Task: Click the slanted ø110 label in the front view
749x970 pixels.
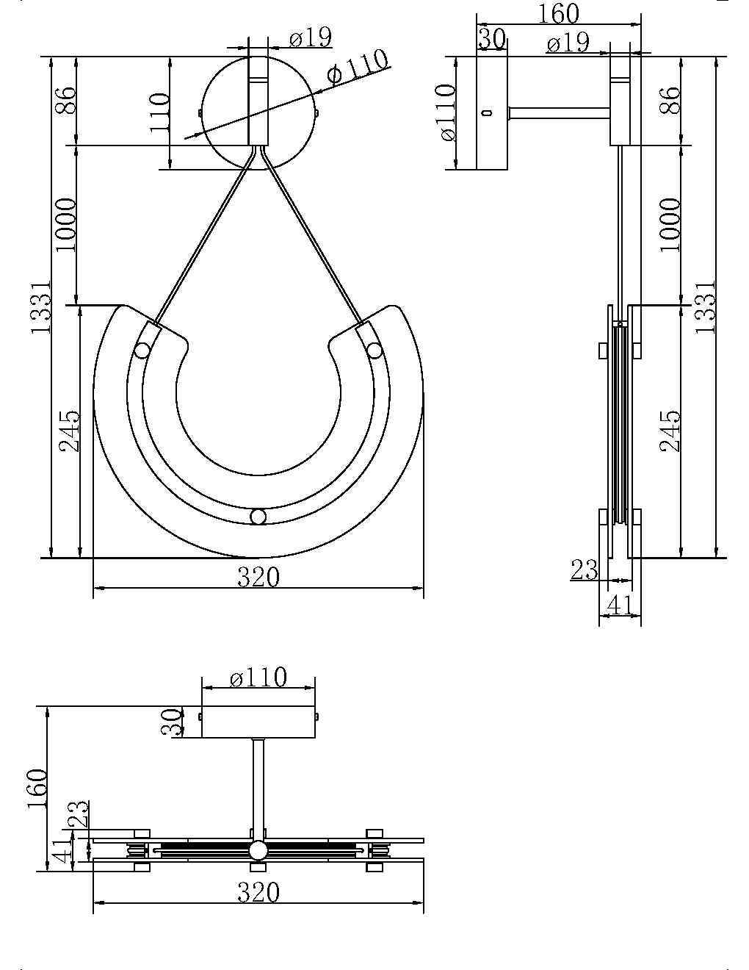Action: [358, 68]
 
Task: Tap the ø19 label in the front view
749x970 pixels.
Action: [309, 37]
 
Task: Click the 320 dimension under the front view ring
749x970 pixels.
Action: [258, 577]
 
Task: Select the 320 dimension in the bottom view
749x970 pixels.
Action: [258, 892]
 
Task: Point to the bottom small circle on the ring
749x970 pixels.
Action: [258, 517]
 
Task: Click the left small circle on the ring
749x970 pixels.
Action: [142, 351]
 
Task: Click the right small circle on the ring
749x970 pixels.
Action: [374, 351]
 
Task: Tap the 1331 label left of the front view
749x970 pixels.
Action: [41, 306]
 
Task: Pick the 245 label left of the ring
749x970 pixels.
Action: [69, 431]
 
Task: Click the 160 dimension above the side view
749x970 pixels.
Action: [559, 14]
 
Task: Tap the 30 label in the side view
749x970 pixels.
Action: [491, 38]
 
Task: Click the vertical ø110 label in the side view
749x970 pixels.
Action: [446, 112]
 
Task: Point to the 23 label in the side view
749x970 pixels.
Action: [585, 570]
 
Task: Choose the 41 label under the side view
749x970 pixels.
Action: [618, 605]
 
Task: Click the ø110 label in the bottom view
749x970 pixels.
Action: [258, 677]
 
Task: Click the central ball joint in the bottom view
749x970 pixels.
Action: [258, 851]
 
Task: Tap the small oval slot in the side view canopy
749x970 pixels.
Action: [486, 113]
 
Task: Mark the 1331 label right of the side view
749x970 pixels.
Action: [705, 306]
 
